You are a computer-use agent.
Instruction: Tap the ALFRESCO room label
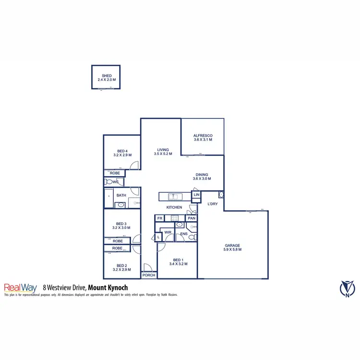coord(203,136)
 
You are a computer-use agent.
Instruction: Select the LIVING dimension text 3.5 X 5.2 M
coord(164,154)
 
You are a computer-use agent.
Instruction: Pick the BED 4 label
coord(122,151)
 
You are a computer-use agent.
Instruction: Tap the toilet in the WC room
coord(109,182)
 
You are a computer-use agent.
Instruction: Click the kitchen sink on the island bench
coord(175,196)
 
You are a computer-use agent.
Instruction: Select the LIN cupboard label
coord(196,195)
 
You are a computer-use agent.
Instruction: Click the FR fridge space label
coord(160,218)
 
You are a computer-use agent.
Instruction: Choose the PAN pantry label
coord(191,218)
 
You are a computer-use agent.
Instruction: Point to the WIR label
coord(168,232)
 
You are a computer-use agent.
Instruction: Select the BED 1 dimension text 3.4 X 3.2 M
coord(178,264)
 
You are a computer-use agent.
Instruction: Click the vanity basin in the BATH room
coord(121,205)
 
